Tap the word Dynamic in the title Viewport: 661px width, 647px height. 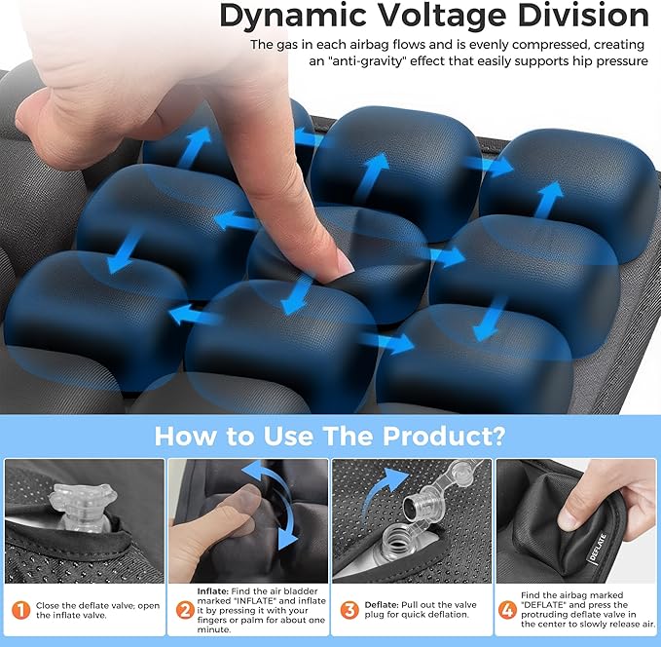[x=286, y=16]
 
